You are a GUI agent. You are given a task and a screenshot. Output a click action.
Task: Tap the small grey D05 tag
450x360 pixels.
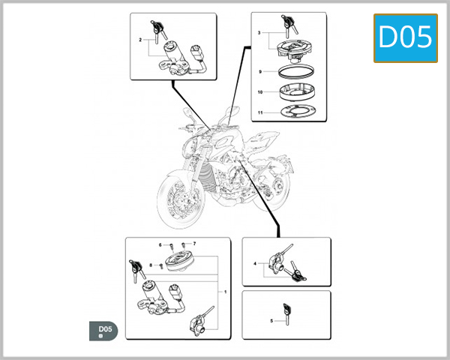coord(104,330)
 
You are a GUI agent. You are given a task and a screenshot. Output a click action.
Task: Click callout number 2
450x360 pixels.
coord(140,39)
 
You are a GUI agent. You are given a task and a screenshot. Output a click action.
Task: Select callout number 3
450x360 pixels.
coord(259,34)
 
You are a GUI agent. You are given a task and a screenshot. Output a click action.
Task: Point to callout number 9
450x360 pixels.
coord(259,71)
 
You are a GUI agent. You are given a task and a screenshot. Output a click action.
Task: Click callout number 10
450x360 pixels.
coord(259,92)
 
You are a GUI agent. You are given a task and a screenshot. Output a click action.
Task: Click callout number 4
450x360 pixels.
coord(255,263)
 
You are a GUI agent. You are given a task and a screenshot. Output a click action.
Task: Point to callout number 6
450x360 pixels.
coord(160,244)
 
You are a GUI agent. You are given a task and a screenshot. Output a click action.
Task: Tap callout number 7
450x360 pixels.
coord(193,244)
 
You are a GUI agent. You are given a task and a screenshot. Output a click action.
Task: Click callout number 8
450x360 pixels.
coord(151,265)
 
